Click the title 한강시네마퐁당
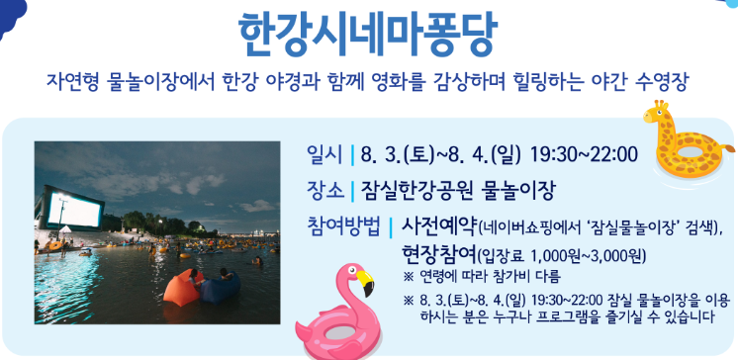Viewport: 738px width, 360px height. click(368, 32)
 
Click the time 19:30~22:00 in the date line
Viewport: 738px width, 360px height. click(584, 155)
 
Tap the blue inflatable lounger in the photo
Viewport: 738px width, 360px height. click(219, 289)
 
